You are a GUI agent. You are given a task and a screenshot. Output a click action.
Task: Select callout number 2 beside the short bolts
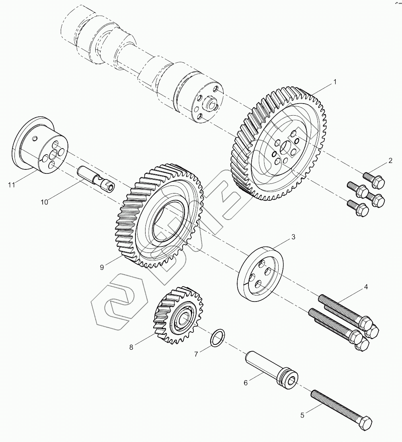coord(390,161)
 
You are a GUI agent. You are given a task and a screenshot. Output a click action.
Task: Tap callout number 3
coord(293,237)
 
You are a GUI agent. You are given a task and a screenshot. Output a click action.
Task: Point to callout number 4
coord(366,287)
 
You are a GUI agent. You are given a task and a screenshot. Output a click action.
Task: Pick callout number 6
coord(246,383)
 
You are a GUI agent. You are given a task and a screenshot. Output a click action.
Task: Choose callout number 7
coord(196,354)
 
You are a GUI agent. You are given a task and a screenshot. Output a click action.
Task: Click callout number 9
coord(102,267)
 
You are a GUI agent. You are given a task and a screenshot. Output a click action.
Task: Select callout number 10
coord(44,202)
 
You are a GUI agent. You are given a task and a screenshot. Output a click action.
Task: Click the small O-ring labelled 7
coord(217,337)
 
